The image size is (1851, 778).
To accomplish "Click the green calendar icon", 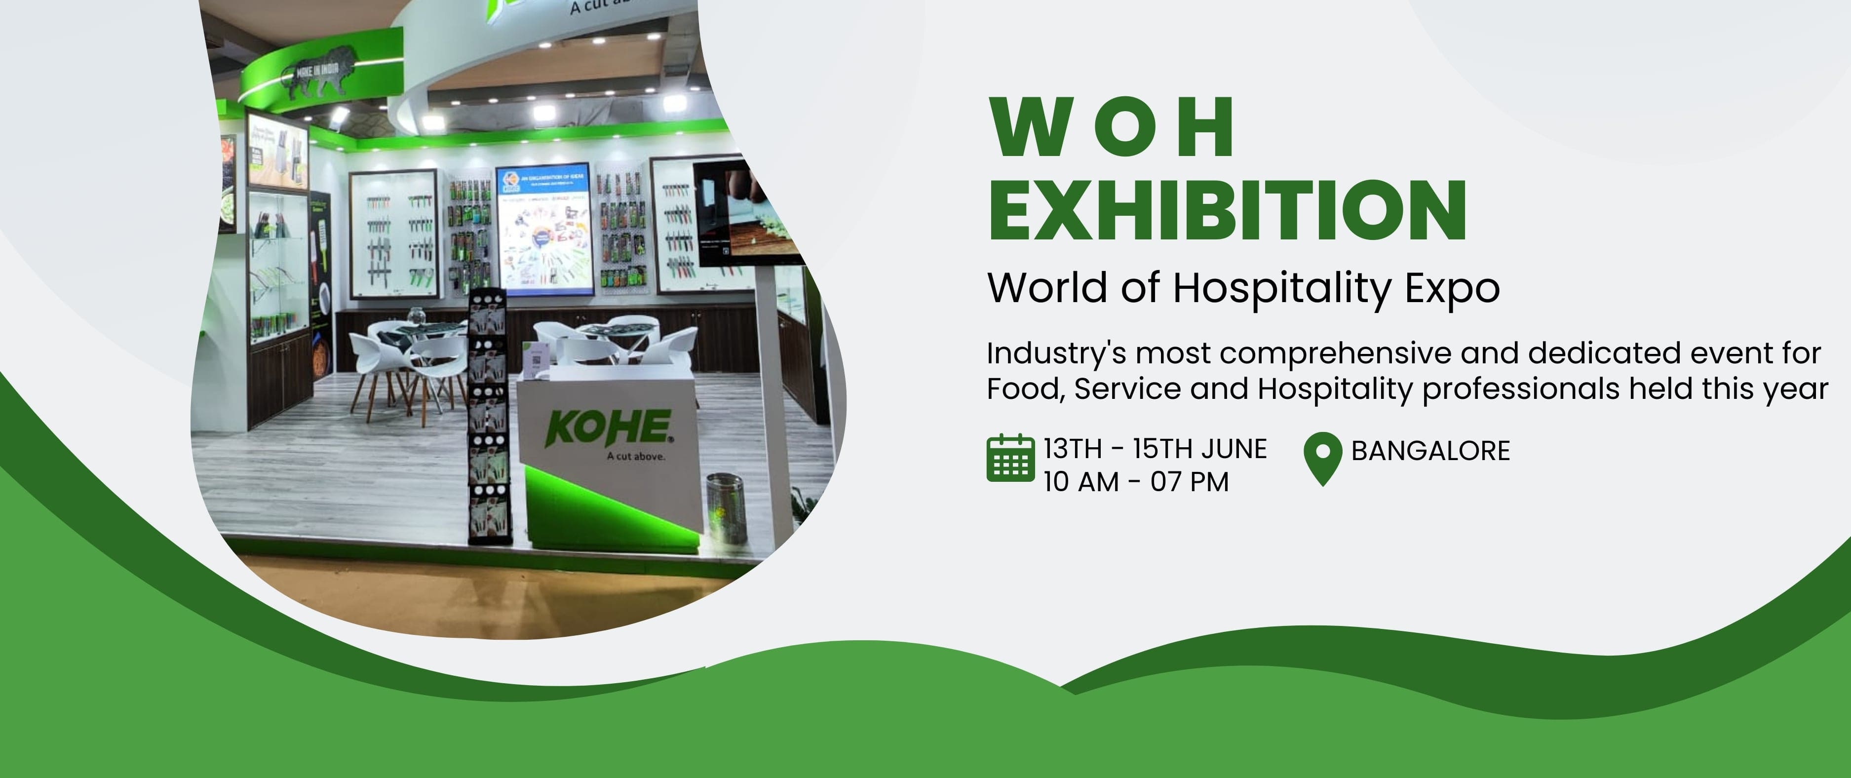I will pos(1010,458).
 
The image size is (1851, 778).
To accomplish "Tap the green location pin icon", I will pos(1322,458).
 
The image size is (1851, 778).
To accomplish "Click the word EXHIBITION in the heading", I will pos(1227,210).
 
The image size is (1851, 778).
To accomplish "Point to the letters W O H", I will pos(1112,127).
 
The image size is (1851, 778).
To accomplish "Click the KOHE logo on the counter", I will pos(609,428).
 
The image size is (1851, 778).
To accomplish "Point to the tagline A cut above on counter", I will pos(636,456).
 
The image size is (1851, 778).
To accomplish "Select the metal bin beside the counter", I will pos(726,506).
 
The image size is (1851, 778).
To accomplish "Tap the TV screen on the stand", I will pos(747,212).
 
